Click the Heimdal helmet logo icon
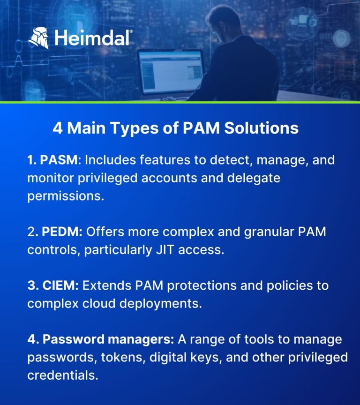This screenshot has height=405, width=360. [x=39, y=37]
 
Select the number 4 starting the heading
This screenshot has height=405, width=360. [x=57, y=128]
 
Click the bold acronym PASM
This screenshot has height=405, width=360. [x=59, y=160]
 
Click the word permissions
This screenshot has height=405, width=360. [x=65, y=195]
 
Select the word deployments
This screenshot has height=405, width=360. [x=161, y=303]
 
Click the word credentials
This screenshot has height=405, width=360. [x=62, y=375]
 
